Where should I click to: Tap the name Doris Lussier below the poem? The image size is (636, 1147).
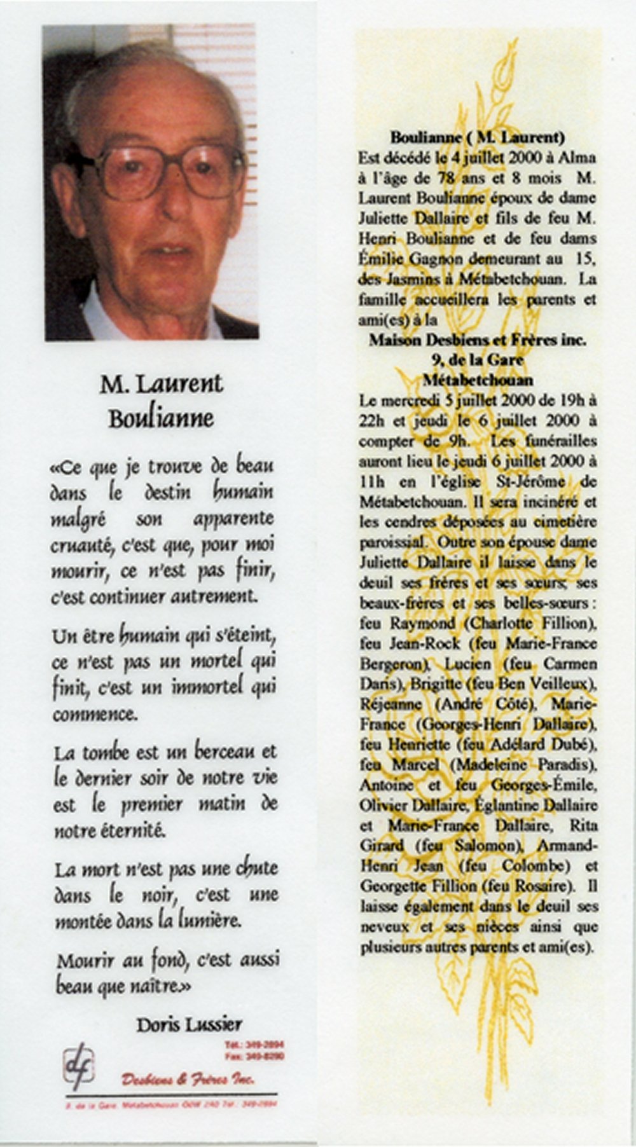(x=188, y=1024)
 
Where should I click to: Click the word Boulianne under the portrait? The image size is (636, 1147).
(x=161, y=419)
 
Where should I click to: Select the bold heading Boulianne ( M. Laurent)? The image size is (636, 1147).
(x=477, y=137)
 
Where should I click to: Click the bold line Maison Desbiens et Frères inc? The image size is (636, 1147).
(x=477, y=340)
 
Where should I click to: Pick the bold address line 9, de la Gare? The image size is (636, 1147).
(x=477, y=360)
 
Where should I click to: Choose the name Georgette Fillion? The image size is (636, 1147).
(x=419, y=886)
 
